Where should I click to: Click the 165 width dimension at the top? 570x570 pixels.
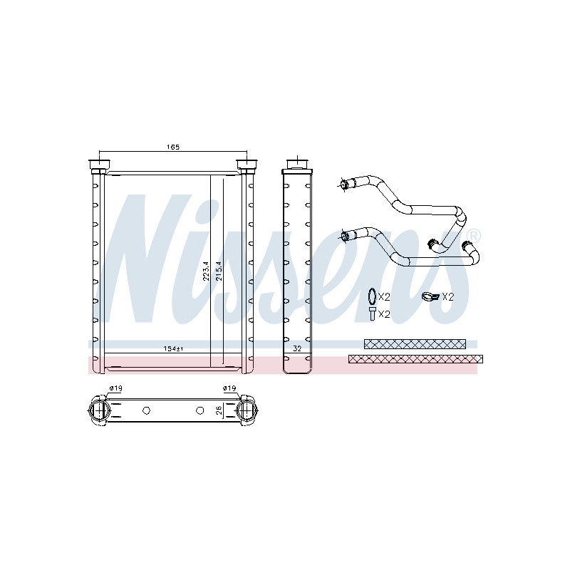[x=172, y=147]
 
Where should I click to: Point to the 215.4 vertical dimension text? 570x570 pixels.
[x=219, y=271]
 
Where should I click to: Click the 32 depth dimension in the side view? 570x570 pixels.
[x=297, y=349]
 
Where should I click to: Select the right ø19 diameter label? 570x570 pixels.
[x=229, y=388]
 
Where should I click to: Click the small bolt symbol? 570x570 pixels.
[x=371, y=313]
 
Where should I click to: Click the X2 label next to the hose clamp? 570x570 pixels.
[x=447, y=296]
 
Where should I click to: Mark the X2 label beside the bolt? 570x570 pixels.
[x=385, y=313]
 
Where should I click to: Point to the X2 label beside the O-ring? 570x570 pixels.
[x=385, y=296]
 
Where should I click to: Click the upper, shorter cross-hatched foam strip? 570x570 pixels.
[x=415, y=343]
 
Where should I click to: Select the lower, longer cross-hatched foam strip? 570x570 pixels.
[x=415, y=358]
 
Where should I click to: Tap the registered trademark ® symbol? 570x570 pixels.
[x=474, y=235]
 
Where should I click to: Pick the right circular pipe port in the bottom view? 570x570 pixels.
[x=247, y=410]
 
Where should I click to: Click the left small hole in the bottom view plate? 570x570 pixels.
[x=146, y=410]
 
